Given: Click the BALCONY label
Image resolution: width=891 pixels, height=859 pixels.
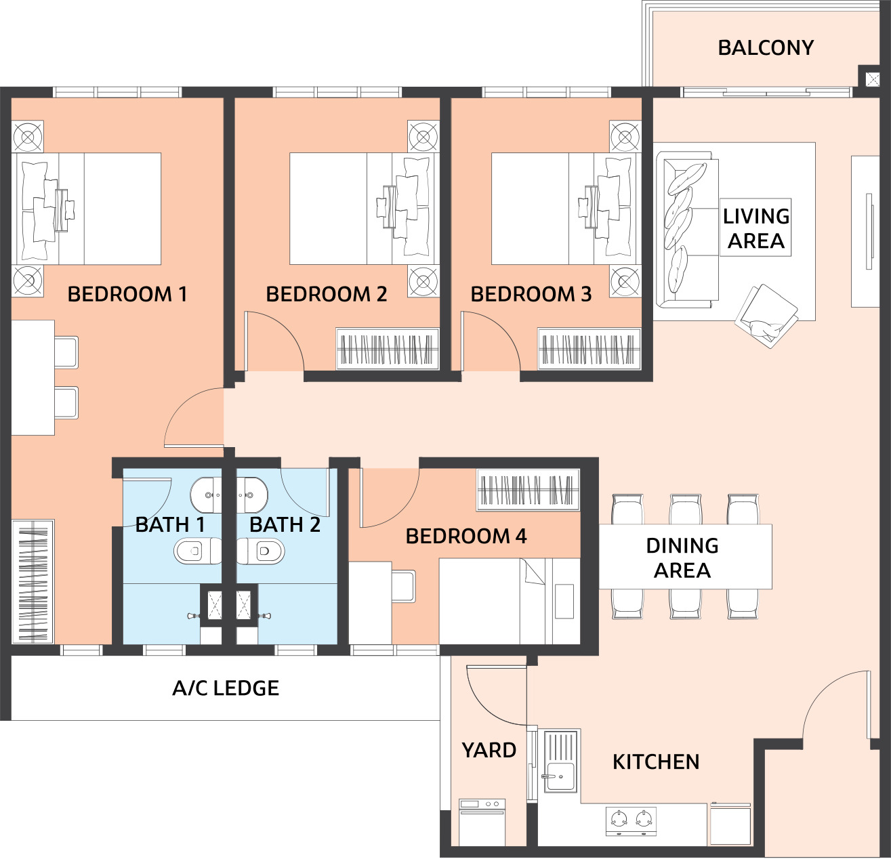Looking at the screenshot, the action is [x=766, y=47].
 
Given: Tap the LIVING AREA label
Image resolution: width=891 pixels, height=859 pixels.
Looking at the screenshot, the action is [x=756, y=228].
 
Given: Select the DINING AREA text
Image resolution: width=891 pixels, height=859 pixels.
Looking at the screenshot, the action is [x=682, y=558].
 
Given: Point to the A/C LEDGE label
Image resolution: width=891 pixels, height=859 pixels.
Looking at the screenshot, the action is [x=226, y=688].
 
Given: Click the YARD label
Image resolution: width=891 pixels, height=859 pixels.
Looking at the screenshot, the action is [x=489, y=750].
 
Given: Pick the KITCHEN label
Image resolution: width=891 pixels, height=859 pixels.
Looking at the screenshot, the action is [x=656, y=762].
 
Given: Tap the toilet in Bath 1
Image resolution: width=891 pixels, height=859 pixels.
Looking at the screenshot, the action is [x=198, y=551].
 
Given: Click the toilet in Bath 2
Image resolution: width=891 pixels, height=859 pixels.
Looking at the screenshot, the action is [x=260, y=551].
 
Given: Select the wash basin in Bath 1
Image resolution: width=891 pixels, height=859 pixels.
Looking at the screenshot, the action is [x=206, y=495].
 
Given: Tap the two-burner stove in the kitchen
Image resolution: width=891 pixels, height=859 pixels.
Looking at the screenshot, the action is [x=631, y=820].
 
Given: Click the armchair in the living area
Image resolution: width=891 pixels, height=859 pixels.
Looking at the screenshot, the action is [x=766, y=316].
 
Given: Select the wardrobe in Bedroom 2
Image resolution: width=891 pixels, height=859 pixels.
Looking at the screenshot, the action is [x=388, y=349].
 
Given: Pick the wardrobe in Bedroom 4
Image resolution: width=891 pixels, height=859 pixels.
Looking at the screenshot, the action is [x=529, y=490].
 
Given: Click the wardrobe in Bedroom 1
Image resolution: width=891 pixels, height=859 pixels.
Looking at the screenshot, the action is [x=33, y=581].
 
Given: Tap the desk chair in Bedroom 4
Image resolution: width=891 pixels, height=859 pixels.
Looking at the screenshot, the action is [x=404, y=586].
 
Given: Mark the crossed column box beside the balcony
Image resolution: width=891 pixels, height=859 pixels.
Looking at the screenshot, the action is [x=873, y=80].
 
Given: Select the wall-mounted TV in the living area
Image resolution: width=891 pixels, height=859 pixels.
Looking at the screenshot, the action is [x=869, y=232].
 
